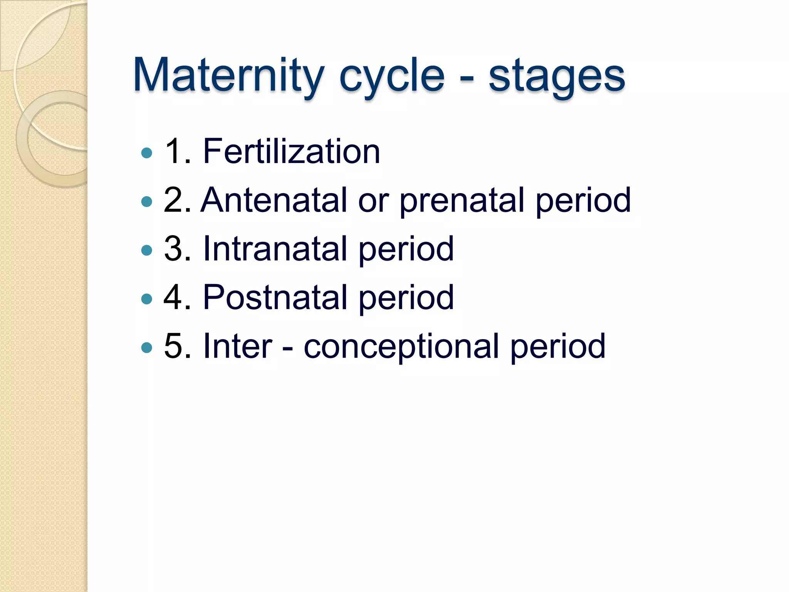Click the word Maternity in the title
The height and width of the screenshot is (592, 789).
pos(228,76)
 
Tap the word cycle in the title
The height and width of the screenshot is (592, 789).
pos(391,76)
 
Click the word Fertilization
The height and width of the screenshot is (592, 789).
pos(291,151)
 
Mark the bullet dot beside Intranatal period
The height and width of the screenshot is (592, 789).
pos(147,251)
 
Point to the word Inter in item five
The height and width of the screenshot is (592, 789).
pos(237,346)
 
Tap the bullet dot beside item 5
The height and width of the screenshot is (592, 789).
pos(147,348)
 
